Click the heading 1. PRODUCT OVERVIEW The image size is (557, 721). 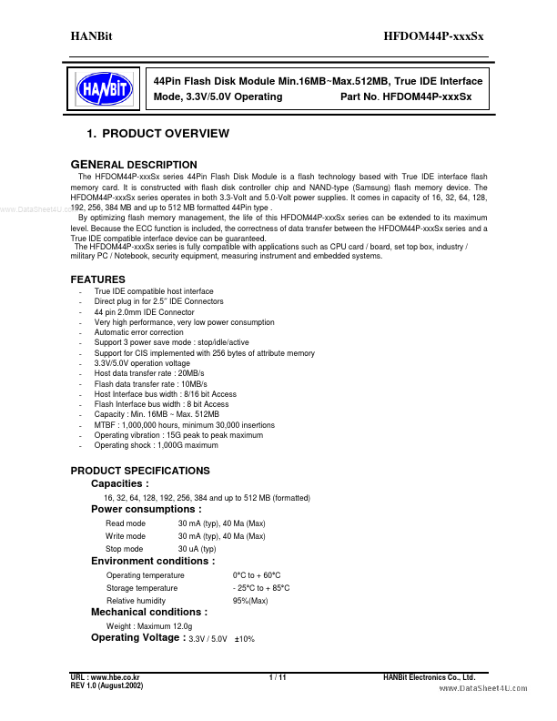point(157,134)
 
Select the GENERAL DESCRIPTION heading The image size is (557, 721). point(134,165)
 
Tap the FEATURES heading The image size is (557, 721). point(98,279)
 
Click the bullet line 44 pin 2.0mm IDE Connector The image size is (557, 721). point(144,312)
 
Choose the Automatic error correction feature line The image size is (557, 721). point(138,332)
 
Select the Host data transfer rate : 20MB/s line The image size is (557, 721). point(137,373)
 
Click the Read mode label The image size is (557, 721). point(126,523)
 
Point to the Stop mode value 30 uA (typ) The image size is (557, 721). point(197,549)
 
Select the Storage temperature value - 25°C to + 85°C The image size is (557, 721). point(261,588)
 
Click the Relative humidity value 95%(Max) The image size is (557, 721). point(250,601)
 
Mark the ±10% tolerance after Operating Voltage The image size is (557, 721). point(245,640)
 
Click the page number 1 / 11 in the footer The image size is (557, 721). point(278,677)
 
